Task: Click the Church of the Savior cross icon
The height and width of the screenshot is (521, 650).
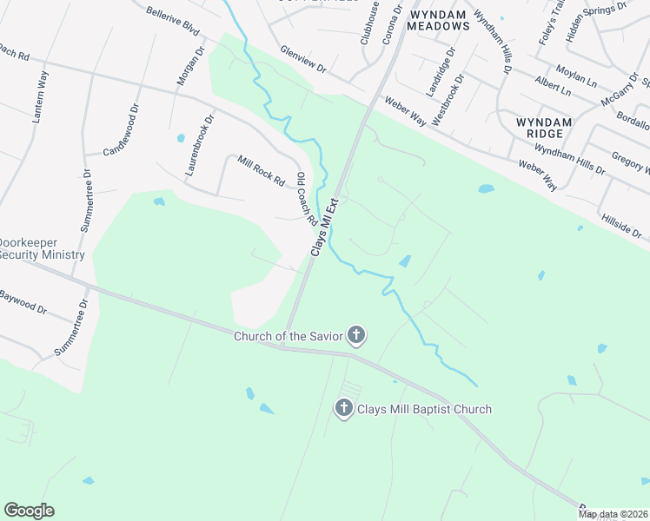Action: pyautogui.click(x=355, y=335)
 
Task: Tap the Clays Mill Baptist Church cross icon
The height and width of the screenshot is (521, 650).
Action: pyautogui.click(x=344, y=408)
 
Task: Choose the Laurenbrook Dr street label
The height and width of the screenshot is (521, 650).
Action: pyautogui.click(x=199, y=148)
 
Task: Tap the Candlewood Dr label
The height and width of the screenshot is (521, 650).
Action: pyautogui.click(x=122, y=131)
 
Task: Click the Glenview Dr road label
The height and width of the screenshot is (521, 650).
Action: pyautogui.click(x=302, y=59)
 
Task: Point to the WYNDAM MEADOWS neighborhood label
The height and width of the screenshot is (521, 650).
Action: pyautogui.click(x=440, y=21)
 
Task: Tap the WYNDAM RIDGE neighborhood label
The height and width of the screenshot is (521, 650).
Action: pyautogui.click(x=544, y=129)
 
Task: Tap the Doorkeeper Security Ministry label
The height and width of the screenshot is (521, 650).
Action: pyautogui.click(x=42, y=249)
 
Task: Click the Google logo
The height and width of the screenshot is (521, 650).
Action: pyautogui.click(x=29, y=511)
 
